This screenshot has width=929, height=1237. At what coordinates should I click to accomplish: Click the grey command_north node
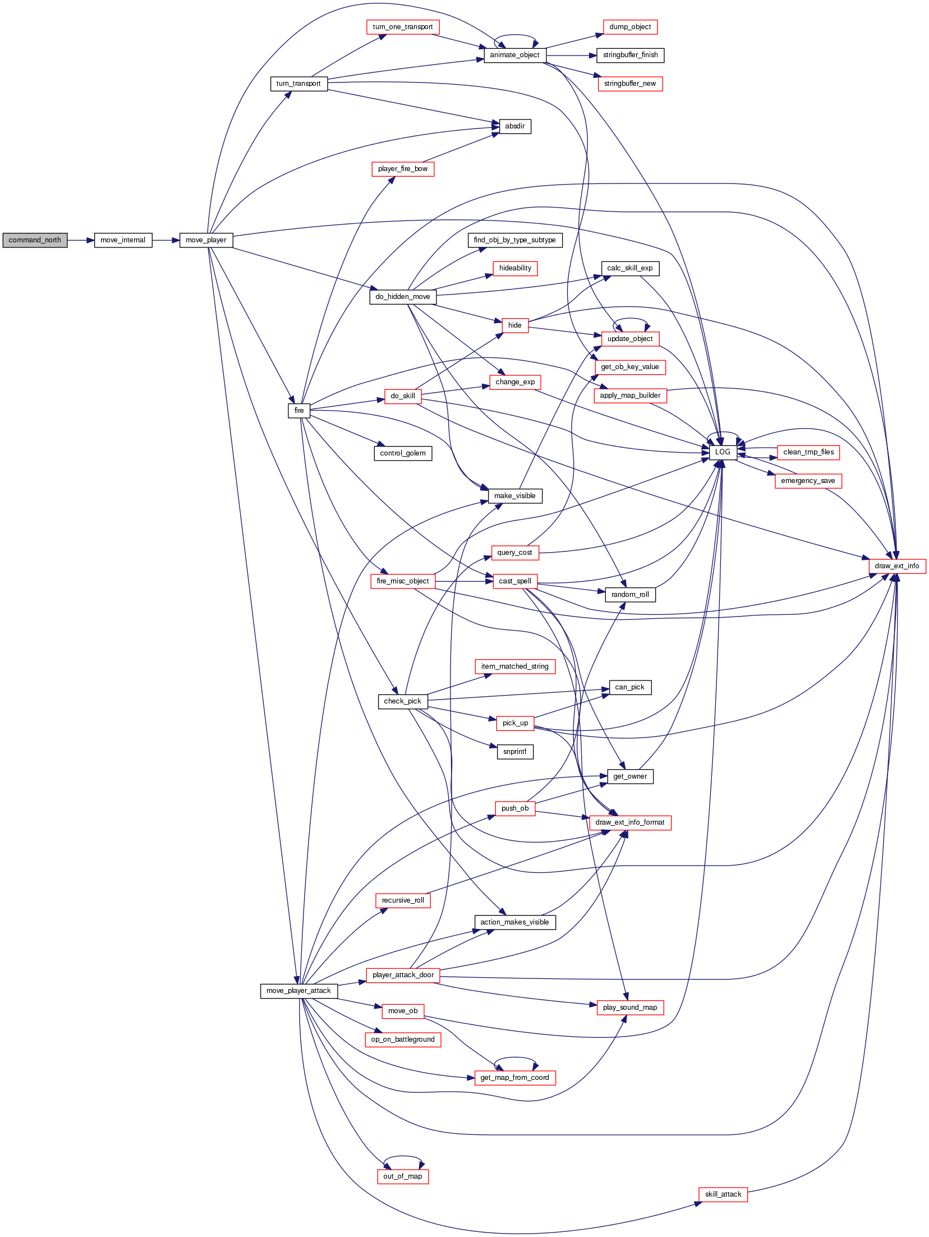coord(35,240)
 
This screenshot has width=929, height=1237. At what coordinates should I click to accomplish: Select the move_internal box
coord(123,240)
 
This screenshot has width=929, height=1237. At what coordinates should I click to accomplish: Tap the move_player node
coord(206,240)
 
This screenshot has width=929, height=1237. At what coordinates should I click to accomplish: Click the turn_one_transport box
coord(403,27)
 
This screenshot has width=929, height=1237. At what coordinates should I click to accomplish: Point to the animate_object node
coord(514,55)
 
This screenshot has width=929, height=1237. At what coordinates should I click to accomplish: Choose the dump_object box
coord(630,27)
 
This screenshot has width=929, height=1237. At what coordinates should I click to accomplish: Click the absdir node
coord(515,126)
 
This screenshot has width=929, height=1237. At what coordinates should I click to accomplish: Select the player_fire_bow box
coord(403,169)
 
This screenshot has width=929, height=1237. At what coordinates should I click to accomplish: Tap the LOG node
coord(723,452)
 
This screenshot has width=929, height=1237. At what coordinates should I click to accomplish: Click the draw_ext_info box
coord(897,566)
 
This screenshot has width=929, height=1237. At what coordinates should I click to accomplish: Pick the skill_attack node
coord(723,1194)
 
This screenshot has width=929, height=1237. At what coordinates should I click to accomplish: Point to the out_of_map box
coord(403,1176)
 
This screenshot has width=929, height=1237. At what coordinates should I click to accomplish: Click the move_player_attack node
coord(299,991)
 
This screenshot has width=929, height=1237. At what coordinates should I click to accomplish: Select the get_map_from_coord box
coord(515,1078)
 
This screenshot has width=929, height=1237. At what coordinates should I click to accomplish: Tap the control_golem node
coord(403,453)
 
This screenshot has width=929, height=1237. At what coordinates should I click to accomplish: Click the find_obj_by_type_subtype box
coord(515,240)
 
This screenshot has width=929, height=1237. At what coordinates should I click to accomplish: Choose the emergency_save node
coord(808,481)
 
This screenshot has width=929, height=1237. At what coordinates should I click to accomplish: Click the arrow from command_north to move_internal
coord(81,240)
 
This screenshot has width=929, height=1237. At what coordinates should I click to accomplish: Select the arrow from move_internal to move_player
coord(165,240)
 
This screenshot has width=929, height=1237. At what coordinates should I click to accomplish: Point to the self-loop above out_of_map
coord(403,1156)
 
